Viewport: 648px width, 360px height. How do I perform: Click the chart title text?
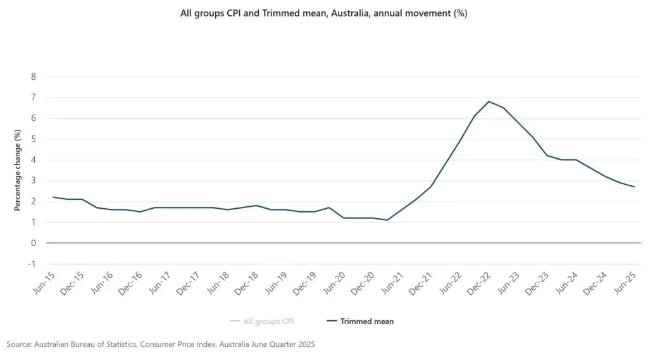(324, 13)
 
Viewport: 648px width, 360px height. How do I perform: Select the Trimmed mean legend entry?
(366, 321)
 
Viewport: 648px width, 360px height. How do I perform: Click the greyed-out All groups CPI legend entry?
(272, 321)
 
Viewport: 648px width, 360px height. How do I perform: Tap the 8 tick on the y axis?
(34, 77)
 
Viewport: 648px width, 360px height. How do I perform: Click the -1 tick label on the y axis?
(32, 264)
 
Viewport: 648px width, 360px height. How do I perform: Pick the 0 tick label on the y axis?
(34, 243)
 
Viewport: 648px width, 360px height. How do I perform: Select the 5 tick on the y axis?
(34, 139)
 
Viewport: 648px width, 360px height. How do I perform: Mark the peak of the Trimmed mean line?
(489, 101)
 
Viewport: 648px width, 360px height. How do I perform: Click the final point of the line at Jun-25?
(634, 187)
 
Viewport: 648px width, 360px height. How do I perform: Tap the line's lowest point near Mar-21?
(387, 220)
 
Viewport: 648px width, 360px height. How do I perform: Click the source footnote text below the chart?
(161, 344)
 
